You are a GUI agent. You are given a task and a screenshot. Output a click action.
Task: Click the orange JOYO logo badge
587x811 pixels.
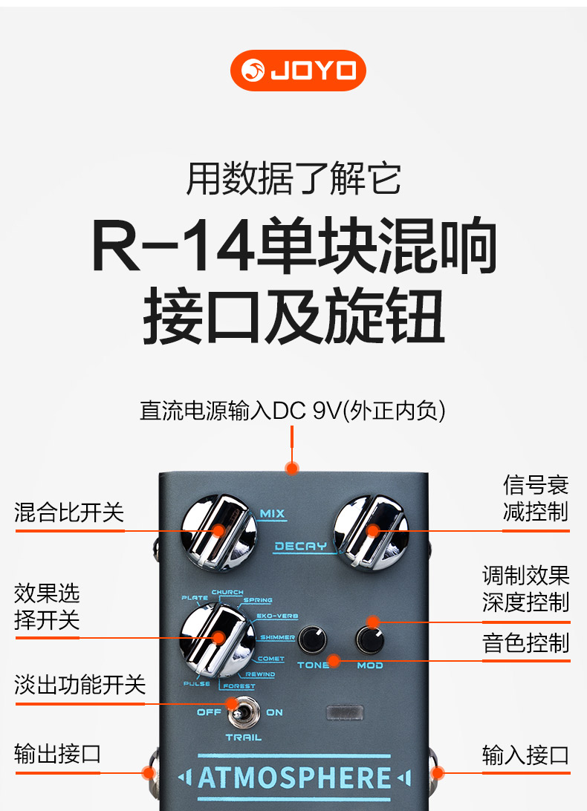tap(298, 71)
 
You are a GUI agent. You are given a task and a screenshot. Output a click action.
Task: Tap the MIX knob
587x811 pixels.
tap(219, 532)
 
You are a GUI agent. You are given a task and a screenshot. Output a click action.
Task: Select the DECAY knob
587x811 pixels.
tap(371, 532)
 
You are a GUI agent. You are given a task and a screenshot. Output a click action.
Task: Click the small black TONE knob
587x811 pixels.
tap(313, 639)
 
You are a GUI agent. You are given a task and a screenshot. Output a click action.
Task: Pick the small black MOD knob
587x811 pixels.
tap(370, 639)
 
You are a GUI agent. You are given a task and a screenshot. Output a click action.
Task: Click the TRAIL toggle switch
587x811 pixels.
tap(244, 711)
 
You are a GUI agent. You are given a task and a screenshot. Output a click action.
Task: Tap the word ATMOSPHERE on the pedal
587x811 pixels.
tap(294, 778)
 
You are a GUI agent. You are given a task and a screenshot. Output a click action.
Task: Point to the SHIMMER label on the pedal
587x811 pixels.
tap(277, 637)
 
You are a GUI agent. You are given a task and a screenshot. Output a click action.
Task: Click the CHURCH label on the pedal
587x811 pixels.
tap(227, 592)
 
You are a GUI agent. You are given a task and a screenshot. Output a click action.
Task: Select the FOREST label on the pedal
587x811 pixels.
tap(239, 685)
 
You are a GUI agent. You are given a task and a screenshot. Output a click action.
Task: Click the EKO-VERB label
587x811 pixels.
tap(277, 616)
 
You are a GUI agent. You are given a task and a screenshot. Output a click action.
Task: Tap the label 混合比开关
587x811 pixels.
tap(69, 512)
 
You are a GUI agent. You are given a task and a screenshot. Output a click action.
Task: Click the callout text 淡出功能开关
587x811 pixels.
tap(80, 685)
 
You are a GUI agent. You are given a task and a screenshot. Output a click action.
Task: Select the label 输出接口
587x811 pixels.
tap(58, 754)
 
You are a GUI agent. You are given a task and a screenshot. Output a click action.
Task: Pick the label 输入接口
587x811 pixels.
tap(525, 755)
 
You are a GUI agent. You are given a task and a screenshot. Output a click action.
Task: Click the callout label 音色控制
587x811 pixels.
tap(525, 643)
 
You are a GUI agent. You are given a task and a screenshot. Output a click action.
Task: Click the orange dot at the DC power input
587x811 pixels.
tap(292, 469)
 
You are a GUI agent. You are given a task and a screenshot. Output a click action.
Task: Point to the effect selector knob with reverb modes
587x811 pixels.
tap(218, 639)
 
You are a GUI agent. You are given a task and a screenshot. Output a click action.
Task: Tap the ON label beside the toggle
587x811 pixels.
tap(274, 712)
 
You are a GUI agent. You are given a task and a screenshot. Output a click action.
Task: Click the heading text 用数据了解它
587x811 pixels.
tap(293, 178)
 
